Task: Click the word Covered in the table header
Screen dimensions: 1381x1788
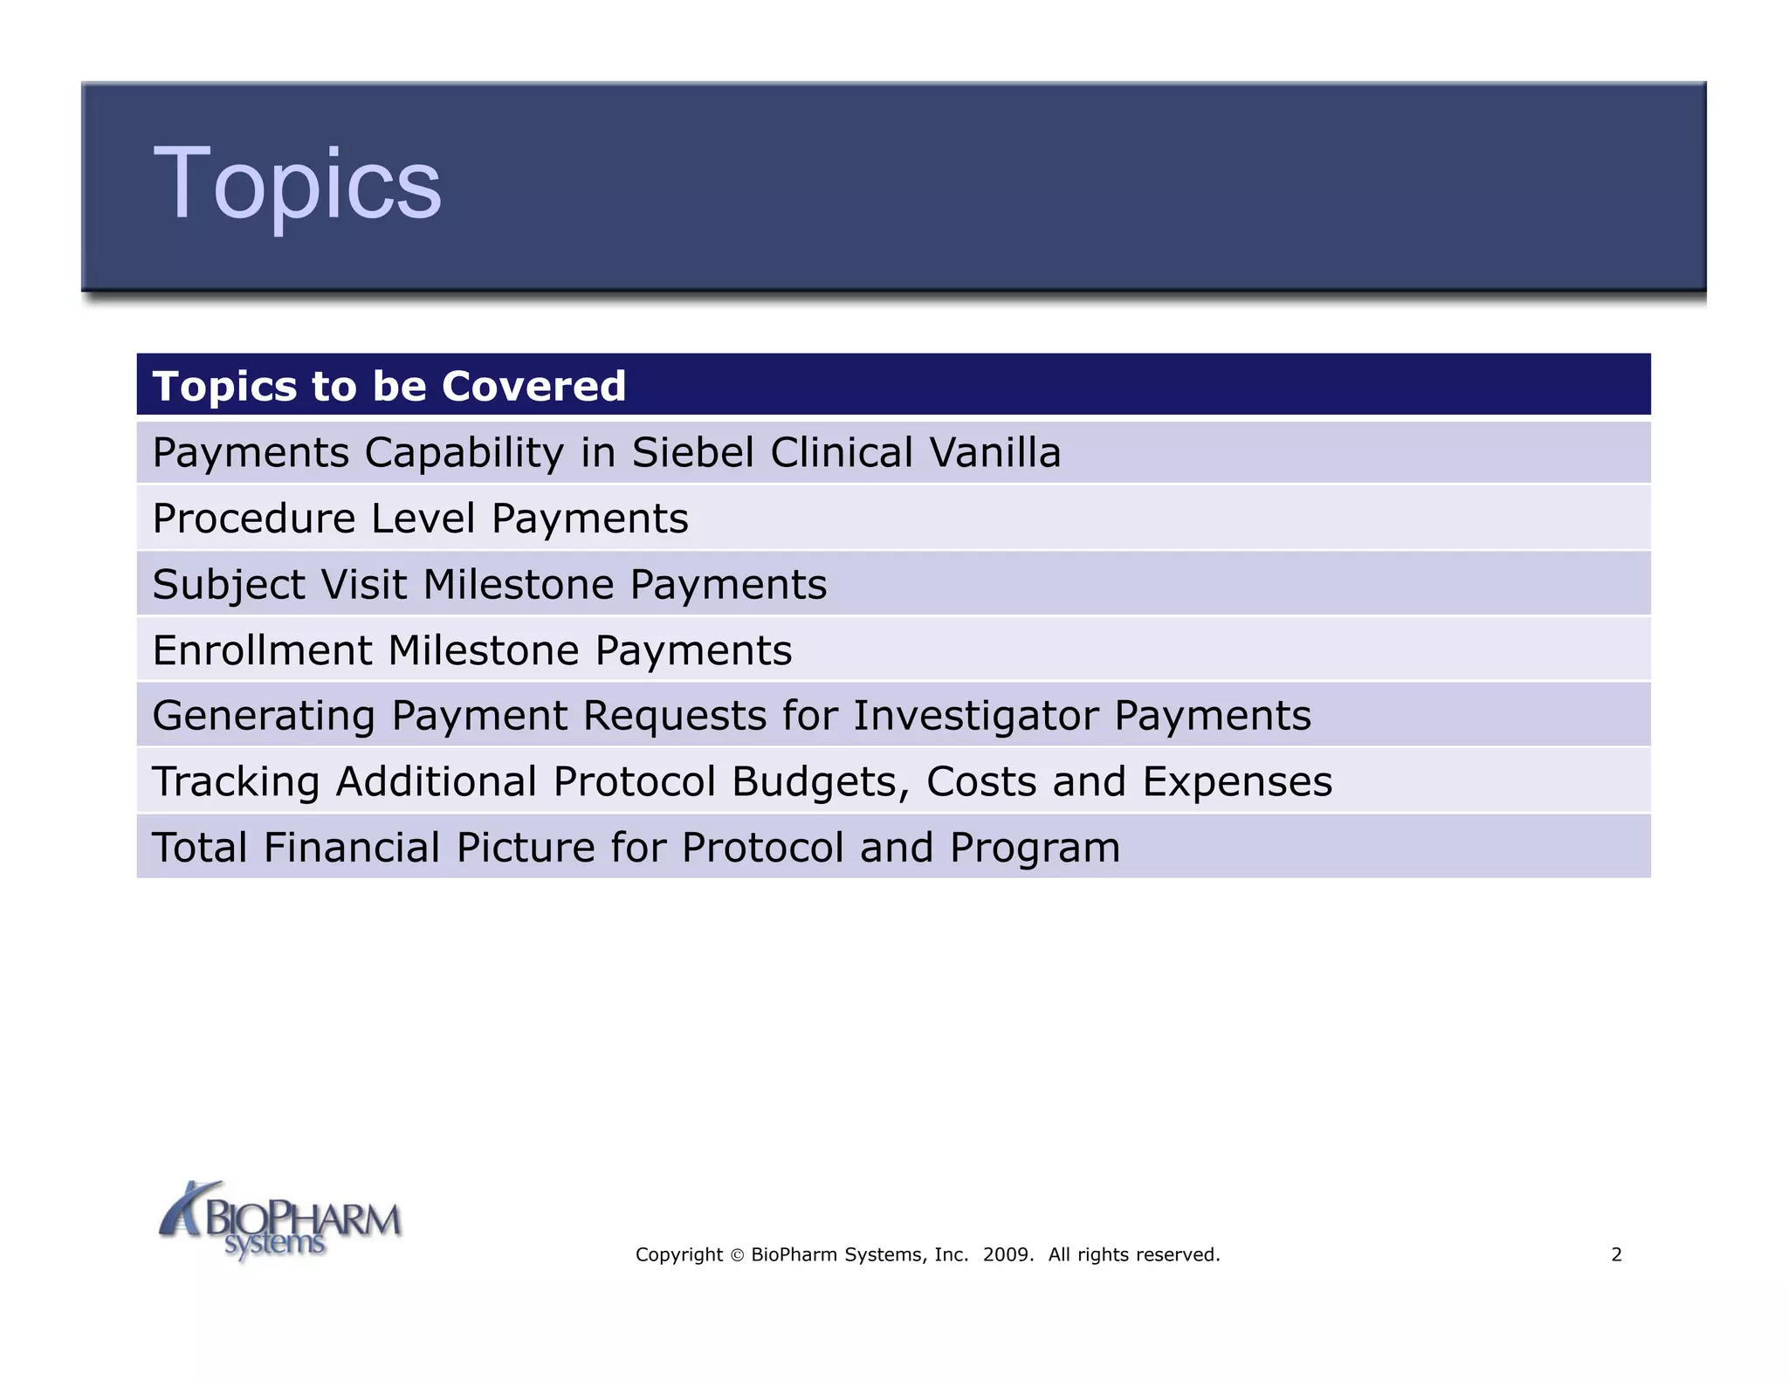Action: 533,386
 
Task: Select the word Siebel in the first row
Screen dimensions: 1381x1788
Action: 692,452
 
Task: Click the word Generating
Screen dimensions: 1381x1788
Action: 264,717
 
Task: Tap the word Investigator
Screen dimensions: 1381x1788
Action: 976,717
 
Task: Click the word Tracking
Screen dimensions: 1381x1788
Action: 236,781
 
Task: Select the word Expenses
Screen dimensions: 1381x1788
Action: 1237,781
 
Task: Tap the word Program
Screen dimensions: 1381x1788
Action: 1035,848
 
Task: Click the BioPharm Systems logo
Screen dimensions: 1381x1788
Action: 279,1220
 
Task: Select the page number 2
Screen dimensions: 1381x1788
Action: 1616,1254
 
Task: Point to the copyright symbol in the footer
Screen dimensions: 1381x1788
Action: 737,1255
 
